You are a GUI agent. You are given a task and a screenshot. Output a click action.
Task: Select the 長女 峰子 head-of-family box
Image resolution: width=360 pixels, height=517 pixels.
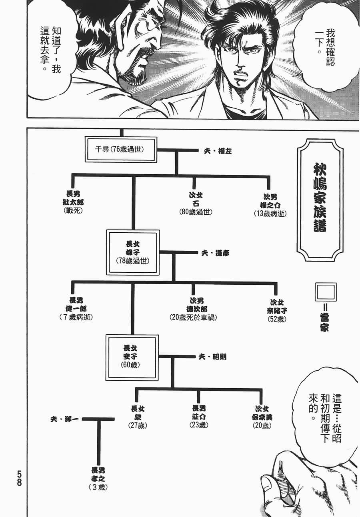[133, 252]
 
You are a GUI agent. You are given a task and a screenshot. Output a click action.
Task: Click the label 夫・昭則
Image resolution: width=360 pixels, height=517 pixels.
[212, 356]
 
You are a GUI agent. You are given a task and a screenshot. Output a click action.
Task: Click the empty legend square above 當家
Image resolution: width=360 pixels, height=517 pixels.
[326, 293]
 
